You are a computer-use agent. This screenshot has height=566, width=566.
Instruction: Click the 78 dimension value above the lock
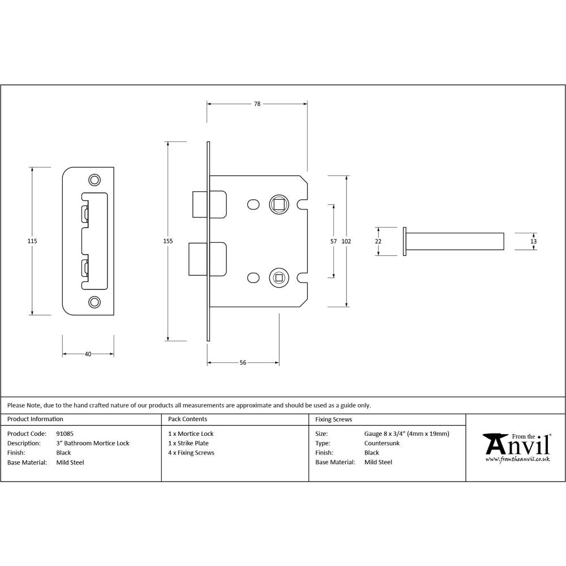(x=257, y=104)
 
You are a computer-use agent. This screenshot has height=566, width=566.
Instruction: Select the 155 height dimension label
(x=168, y=241)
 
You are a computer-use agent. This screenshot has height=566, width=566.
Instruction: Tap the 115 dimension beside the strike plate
(x=32, y=241)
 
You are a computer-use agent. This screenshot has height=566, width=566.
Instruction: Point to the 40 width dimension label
(x=88, y=354)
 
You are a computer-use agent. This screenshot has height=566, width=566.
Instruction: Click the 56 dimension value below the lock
(x=243, y=363)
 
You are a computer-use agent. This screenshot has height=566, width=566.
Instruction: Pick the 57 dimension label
(x=333, y=241)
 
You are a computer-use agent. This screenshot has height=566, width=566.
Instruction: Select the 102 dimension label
(x=346, y=241)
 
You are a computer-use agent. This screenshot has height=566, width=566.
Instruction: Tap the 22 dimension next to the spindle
(x=378, y=241)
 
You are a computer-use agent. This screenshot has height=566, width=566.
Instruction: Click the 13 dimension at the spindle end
(x=533, y=241)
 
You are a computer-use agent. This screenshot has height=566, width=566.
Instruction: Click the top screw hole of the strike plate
(x=93, y=180)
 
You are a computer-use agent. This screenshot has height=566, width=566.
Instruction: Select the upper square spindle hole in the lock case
(x=278, y=204)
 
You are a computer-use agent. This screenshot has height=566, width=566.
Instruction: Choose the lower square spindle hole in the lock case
(x=278, y=277)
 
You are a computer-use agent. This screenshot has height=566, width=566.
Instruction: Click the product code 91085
(x=65, y=434)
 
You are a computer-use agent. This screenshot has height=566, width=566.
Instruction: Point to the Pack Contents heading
(x=187, y=419)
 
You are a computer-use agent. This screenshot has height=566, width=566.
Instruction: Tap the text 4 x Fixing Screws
(x=191, y=453)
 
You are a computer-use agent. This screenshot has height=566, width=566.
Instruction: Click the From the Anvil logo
(x=516, y=447)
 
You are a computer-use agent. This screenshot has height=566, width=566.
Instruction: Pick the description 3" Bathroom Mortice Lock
(x=93, y=443)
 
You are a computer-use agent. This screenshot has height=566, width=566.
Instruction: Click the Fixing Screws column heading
(x=333, y=419)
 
